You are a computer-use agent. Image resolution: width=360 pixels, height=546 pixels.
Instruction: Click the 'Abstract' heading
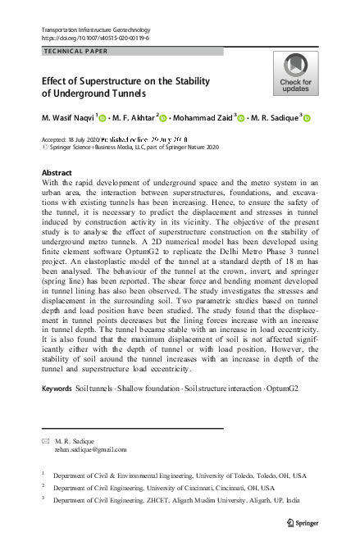coord(57,173)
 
